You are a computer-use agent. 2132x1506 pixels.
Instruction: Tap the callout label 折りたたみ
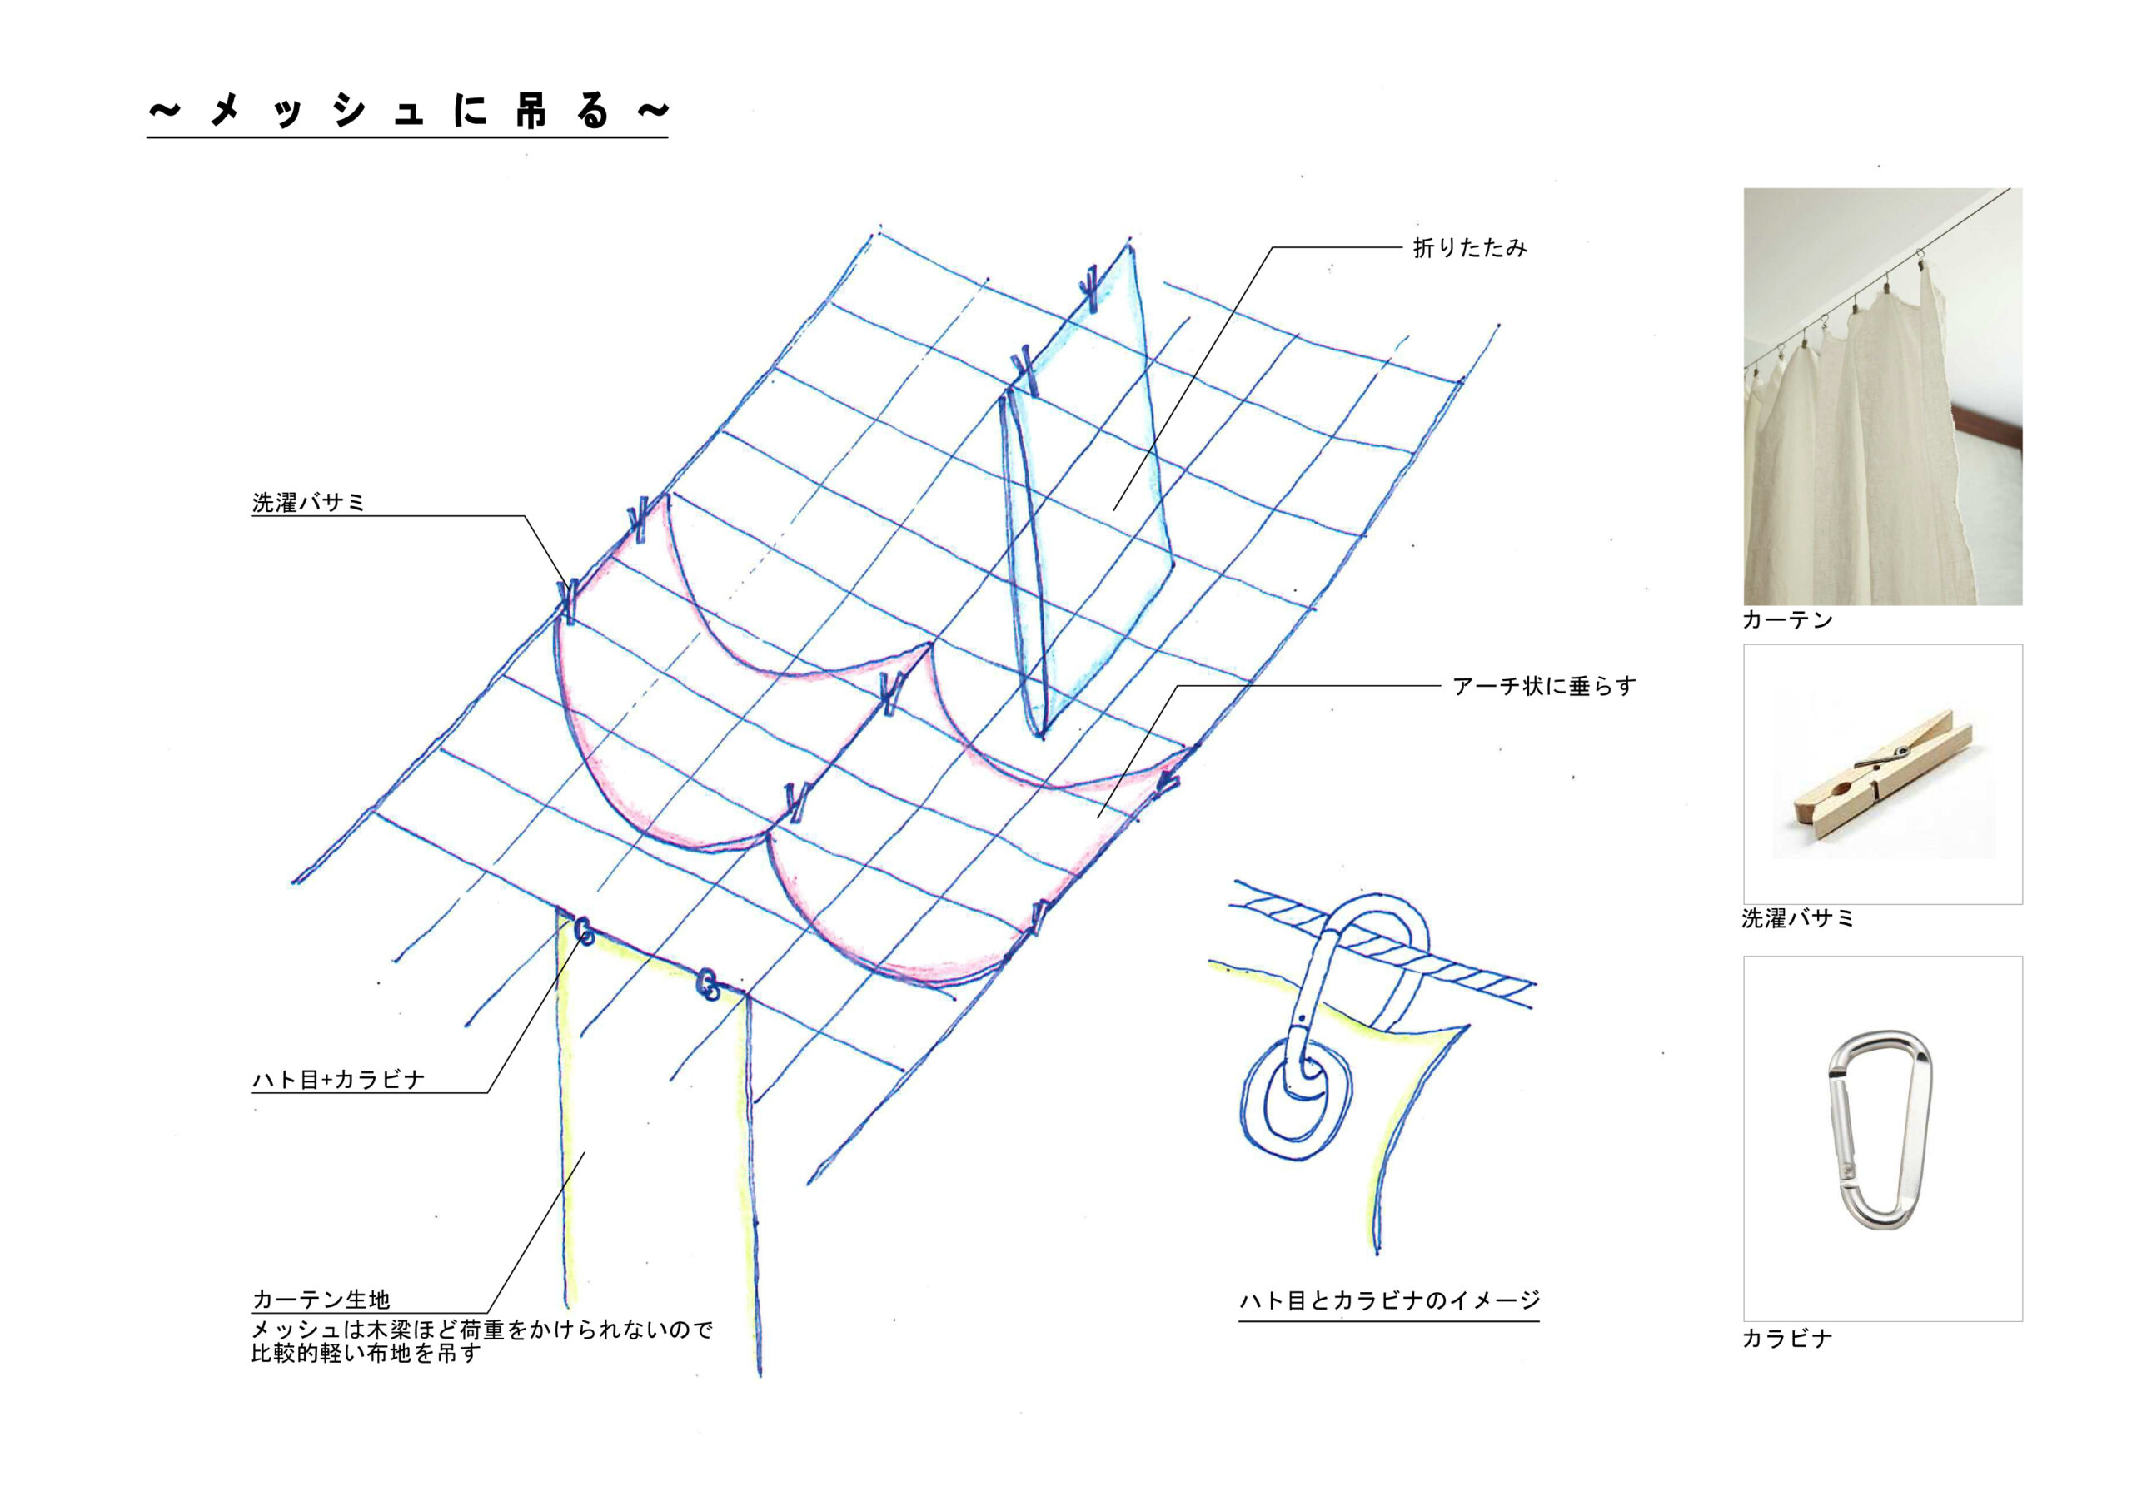(x=1470, y=248)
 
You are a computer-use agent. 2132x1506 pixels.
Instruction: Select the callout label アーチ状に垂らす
(x=1543, y=686)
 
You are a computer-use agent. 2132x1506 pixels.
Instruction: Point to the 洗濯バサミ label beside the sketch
(x=308, y=502)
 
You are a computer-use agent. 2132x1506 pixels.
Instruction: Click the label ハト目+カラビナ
(x=338, y=1079)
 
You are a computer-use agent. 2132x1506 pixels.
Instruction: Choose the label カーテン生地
(x=321, y=1299)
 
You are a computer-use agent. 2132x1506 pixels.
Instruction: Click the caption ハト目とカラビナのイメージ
(x=1389, y=1300)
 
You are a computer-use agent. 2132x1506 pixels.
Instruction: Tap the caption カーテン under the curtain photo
(x=1787, y=620)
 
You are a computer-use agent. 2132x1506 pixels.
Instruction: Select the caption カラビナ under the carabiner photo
(x=1787, y=1338)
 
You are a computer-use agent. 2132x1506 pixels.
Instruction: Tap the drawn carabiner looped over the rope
(x=1337, y=984)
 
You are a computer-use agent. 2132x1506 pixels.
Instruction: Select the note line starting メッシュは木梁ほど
(x=482, y=1330)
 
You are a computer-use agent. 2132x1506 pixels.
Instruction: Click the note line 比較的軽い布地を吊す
(x=365, y=1354)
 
